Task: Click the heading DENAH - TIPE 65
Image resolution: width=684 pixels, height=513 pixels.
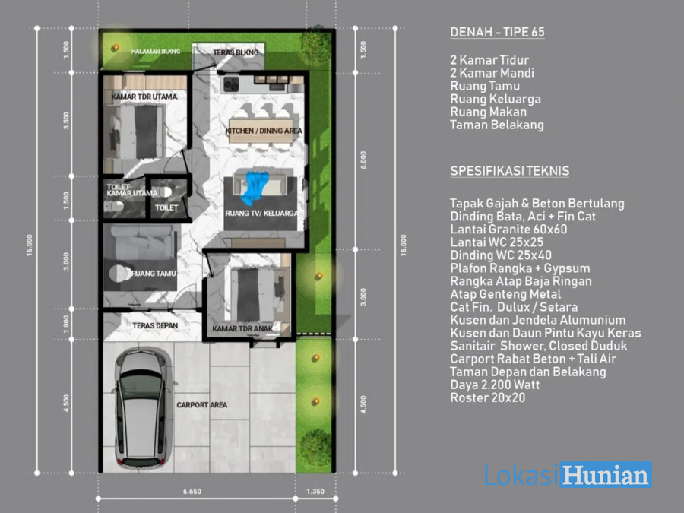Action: [497, 32]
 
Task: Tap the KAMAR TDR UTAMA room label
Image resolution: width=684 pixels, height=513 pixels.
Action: [144, 97]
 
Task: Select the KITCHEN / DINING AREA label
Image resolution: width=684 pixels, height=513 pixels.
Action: [264, 131]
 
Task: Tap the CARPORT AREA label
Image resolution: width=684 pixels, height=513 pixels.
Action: [202, 405]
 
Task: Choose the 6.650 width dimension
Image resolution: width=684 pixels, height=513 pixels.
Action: [192, 492]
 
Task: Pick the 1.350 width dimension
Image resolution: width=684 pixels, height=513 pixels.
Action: [315, 492]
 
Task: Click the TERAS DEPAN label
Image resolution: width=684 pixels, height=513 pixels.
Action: [155, 325]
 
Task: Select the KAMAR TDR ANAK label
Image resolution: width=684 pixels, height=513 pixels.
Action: [242, 328]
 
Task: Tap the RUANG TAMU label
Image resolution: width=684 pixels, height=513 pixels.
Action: [153, 274]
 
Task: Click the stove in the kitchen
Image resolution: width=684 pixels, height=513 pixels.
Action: [231, 84]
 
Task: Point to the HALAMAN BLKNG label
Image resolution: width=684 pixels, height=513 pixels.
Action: [156, 52]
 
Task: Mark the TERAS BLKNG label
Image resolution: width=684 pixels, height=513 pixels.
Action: [236, 52]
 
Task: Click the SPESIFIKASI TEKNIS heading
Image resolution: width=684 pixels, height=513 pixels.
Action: [509, 171]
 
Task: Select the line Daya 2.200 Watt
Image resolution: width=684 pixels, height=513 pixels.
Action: [495, 385]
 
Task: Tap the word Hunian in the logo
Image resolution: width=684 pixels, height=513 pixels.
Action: [606, 476]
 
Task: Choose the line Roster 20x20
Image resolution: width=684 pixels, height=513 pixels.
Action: [488, 397]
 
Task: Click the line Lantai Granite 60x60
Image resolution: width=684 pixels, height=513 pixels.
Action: [508, 230]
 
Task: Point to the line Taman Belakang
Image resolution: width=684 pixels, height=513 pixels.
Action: [497, 125]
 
